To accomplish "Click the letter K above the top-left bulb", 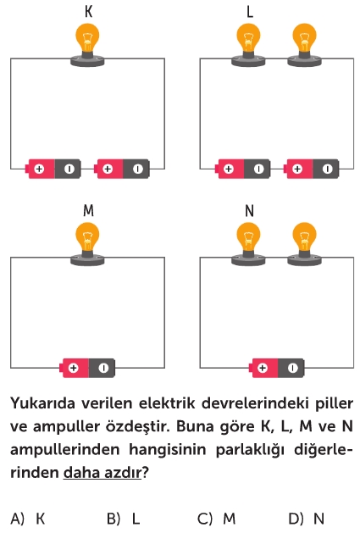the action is [x=88, y=12].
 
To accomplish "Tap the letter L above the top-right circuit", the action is [x=250, y=12].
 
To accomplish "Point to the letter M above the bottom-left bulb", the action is [x=88, y=211].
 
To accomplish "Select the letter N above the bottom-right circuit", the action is [x=250, y=211].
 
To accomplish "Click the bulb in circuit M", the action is [x=87, y=243].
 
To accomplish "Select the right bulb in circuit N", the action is [x=305, y=243].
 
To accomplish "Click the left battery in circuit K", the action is [x=53, y=169].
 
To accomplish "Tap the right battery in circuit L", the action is [x=311, y=169].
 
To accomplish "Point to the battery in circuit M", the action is [x=87, y=368].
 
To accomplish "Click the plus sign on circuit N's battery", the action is [x=262, y=368].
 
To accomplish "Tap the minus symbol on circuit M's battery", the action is [x=103, y=368].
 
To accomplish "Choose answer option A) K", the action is [x=28, y=519].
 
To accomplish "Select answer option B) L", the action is [x=124, y=519].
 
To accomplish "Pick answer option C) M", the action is [x=217, y=519].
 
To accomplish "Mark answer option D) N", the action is [x=307, y=519].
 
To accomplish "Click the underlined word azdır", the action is [x=123, y=473].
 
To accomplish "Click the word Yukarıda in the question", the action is [x=43, y=403].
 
